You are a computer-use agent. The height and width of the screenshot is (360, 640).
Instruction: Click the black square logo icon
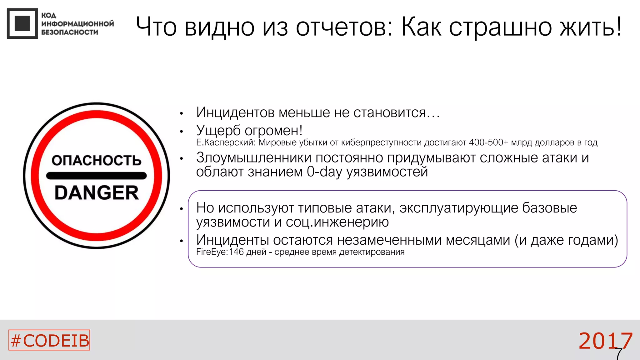pyautogui.click(x=22, y=23)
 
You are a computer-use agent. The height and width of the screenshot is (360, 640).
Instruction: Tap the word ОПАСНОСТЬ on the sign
pyautogui.click(x=97, y=161)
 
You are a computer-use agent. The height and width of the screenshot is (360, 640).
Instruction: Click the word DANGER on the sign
pyautogui.click(x=97, y=193)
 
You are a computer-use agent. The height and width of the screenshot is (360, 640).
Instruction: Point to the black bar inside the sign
pyautogui.click(x=96, y=176)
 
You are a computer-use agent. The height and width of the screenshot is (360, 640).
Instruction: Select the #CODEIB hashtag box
pyautogui.click(x=49, y=340)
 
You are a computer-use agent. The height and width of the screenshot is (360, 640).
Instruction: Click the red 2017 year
pyautogui.click(x=605, y=341)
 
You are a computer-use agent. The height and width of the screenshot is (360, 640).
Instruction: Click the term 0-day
pyautogui.click(x=324, y=172)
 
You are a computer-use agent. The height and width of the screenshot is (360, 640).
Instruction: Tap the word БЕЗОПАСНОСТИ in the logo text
pyautogui.click(x=70, y=32)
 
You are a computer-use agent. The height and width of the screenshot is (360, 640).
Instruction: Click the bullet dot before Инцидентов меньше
pyautogui.click(x=181, y=114)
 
